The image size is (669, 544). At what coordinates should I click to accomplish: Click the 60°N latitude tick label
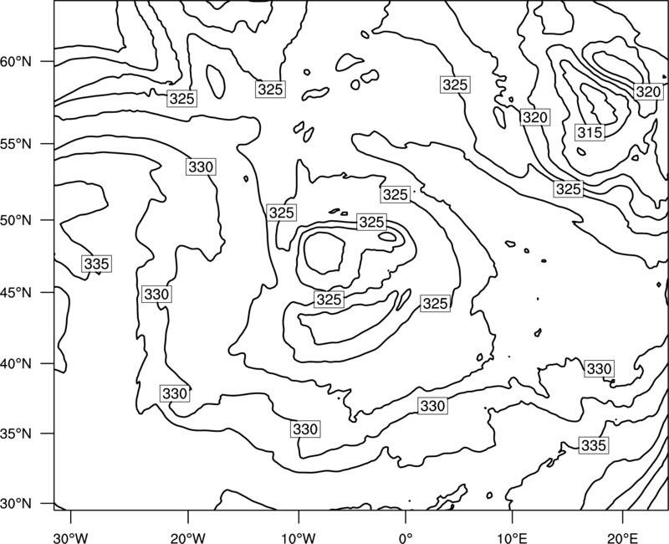point(15,62)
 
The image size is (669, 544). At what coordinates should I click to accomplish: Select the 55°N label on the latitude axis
point(15,144)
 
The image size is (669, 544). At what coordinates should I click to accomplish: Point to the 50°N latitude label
point(15,220)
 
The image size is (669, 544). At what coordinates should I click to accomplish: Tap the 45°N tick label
point(15,292)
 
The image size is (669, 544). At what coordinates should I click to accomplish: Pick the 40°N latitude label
point(15,364)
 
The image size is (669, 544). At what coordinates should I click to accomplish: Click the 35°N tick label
point(15,434)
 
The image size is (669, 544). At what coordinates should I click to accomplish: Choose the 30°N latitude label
point(15,504)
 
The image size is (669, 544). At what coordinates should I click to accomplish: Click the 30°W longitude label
point(70,538)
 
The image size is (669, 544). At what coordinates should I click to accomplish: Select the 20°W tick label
point(187,538)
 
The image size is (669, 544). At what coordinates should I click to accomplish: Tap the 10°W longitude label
point(299,538)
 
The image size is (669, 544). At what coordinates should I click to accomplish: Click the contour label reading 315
point(590,132)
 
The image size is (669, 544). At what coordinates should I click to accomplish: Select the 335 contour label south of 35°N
point(594,445)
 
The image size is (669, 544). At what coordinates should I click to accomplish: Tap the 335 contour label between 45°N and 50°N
point(97,264)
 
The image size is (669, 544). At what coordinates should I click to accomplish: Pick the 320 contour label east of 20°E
point(648,91)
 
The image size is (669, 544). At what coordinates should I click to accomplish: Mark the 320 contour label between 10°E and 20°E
point(534,117)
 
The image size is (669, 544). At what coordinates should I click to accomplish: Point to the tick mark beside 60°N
point(48,61)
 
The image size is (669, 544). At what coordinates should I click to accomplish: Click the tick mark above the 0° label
point(406,516)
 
